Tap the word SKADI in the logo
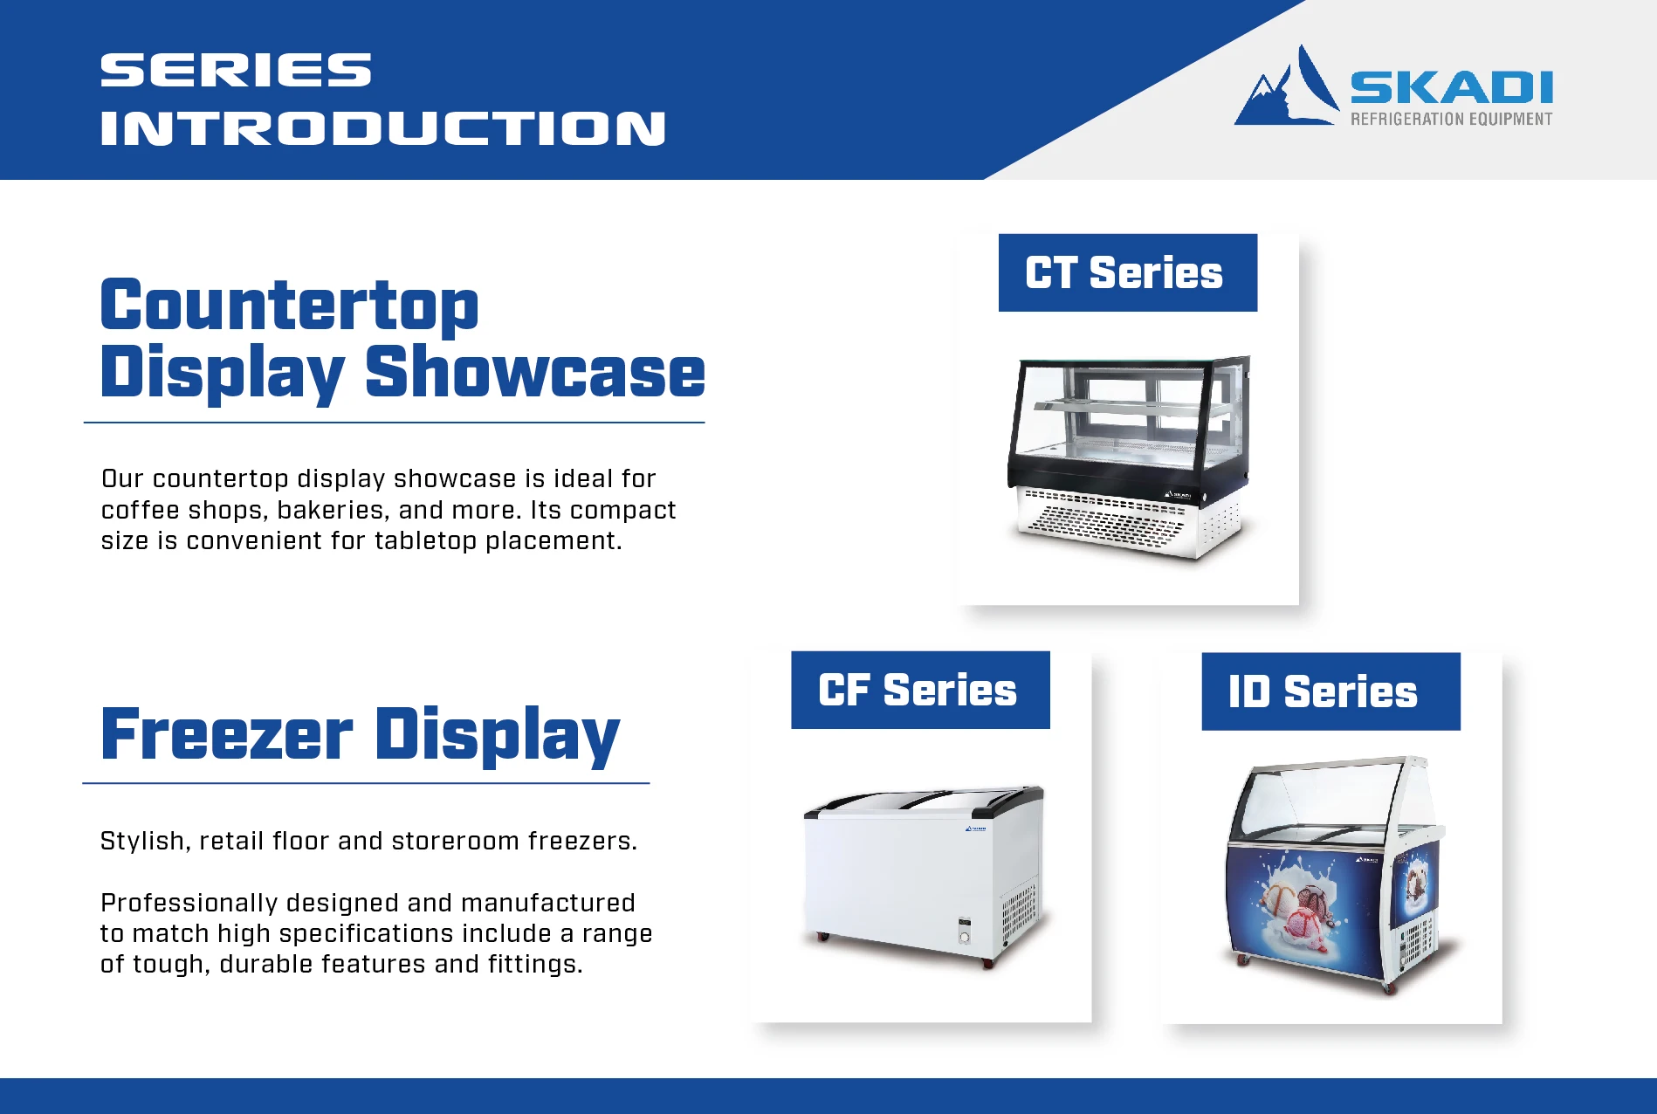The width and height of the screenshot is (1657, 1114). coord(1451,88)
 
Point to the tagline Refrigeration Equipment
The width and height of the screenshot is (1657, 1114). coord(1451,119)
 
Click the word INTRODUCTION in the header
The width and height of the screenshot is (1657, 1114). coord(383,128)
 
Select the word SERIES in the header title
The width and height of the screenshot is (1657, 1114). coord(236,71)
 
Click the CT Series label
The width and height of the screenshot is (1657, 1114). coord(1127,272)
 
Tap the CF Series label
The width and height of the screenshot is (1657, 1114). coord(920,690)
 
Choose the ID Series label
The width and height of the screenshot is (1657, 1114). coord(1330,691)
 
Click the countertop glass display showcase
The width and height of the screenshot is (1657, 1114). coord(1129,456)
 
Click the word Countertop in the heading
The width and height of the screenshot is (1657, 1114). coord(290,306)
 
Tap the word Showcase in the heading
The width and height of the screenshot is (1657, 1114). coord(535,373)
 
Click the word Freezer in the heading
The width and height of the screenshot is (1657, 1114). coord(227,734)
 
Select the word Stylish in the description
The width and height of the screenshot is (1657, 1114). coord(142,842)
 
